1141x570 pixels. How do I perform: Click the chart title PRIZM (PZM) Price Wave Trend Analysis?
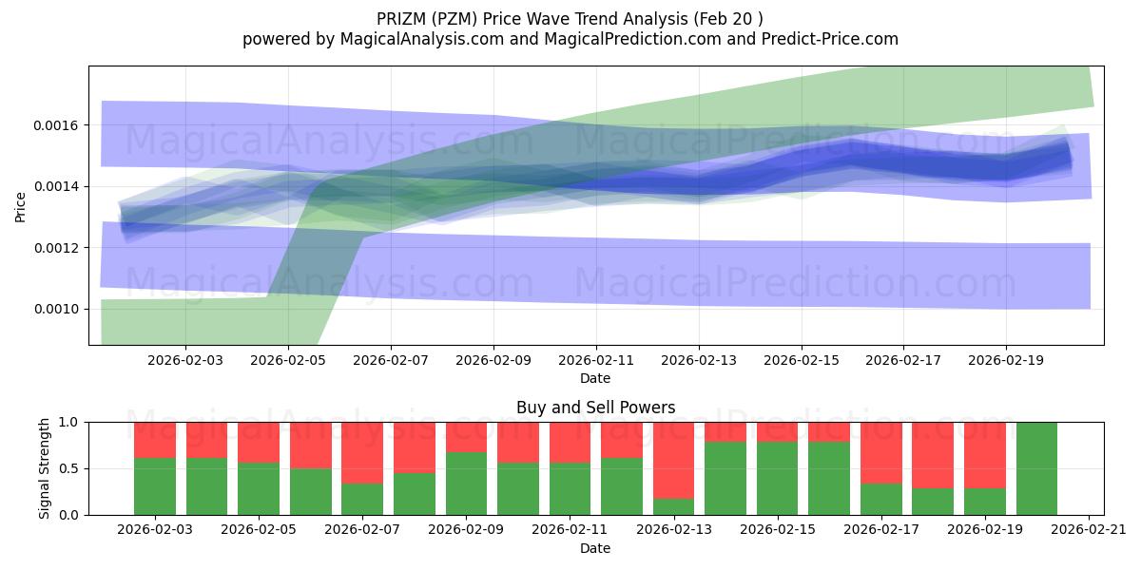pyautogui.click(x=570, y=18)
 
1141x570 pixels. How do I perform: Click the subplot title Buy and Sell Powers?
pyautogui.click(x=595, y=408)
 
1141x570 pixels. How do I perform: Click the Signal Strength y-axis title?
pyautogui.click(x=45, y=468)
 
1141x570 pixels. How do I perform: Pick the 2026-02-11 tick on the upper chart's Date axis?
pyautogui.click(x=596, y=361)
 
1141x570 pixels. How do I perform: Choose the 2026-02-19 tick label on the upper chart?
pyautogui.click(x=1006, y=361)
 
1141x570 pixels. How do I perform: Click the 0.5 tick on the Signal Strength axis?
pyautogui.click(x=69, y=468)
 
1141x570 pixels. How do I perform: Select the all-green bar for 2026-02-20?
pyautogui.click(x=1036, y=468)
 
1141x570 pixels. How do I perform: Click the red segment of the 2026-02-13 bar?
pyautogui.click(x=673, y=460)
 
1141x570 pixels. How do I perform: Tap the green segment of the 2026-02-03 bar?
pyautogui.click(x=155, y=486)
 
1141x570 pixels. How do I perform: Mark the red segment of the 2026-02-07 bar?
pyautogui.click(x=362, y=452)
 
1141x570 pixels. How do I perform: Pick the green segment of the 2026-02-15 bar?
pyautogui.click(x=777, y=479)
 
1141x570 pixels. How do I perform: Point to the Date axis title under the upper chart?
pyautogui.click(x=595, y=378)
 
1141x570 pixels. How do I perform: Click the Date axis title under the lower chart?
pyautogui.click(x=595, y=548)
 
